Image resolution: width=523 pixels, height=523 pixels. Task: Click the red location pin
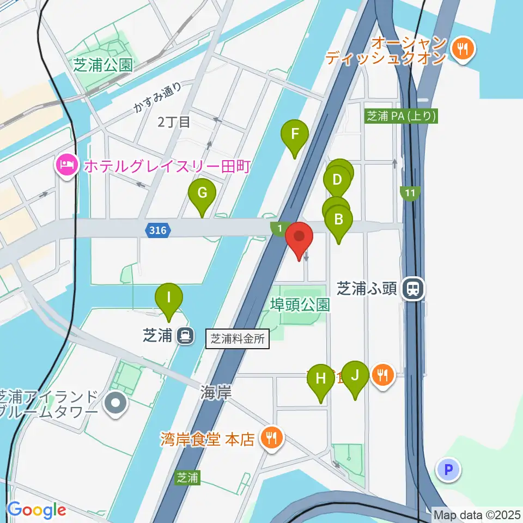[x=299, y=239]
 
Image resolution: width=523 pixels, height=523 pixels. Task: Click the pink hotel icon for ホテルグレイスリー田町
[x=67, y=165]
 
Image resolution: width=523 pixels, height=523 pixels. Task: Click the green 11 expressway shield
[x=410, y=193]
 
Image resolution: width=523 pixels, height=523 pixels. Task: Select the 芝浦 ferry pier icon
[x=186, y=336]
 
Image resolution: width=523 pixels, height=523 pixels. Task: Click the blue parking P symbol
[x=449, y=469]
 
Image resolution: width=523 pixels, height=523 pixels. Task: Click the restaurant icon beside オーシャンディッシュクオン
[x=464, y=49]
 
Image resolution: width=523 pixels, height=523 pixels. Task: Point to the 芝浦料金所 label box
[x=238, y=339]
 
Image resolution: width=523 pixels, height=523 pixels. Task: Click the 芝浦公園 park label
[x=103, y=66]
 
